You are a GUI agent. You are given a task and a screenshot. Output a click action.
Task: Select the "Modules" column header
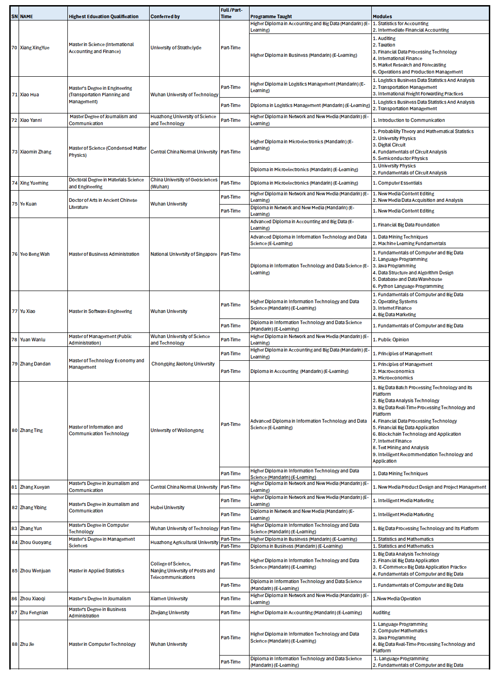pos(382,16)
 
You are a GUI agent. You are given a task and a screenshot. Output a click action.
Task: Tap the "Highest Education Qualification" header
pos(104,16)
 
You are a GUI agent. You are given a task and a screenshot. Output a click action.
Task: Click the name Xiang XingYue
pos(34,48)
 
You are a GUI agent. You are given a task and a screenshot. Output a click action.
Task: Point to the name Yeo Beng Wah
pos(34,254)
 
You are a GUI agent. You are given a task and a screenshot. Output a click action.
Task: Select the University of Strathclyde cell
pos(176,48)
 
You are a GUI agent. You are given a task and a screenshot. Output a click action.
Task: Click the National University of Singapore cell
pos(184,254)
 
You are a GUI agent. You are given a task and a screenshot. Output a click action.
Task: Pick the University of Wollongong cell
pos(177,431)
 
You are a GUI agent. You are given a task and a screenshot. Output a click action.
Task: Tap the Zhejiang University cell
pos(170,613)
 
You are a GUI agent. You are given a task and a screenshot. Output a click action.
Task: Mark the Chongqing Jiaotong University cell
pos(183,364)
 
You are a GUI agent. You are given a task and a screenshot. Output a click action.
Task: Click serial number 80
pos(14,431)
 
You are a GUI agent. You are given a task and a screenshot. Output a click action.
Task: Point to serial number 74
pos(14,183)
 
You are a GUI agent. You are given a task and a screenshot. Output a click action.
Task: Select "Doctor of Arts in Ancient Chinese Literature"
pos(103,204)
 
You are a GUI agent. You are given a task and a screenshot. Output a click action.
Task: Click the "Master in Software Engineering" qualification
pos(100,311)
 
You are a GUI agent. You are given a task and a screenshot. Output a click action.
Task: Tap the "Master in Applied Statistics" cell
pos(97,571)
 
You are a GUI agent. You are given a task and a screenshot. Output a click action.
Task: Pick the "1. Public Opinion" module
pos(393,340)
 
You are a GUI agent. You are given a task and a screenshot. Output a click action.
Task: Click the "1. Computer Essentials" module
pos(400,183)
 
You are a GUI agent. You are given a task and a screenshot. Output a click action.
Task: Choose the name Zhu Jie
pos(27,644)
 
